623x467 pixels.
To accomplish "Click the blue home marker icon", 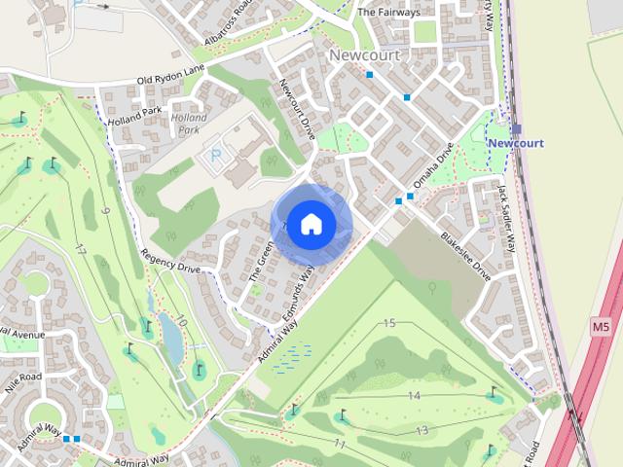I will point(311,224).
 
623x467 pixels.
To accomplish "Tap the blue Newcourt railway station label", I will point(515,143).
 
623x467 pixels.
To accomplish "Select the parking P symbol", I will point(215,154).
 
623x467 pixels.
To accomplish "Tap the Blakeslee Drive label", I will point(465,256).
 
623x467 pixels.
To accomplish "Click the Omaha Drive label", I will point(434,167).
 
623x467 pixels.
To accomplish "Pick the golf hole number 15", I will point(390,323).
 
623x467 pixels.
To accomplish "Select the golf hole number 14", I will point(414,396).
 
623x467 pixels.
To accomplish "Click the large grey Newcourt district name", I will point(364,55).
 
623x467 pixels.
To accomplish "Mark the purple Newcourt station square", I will point(516,128).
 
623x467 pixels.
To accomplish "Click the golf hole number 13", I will point(421,430).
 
